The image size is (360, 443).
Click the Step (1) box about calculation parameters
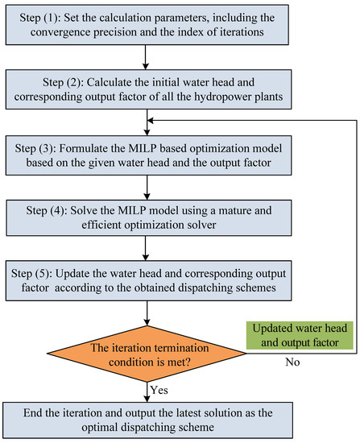pyautogui.click(x=147, y=25)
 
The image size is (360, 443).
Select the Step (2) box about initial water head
pyautogui.click(x=149, y=89)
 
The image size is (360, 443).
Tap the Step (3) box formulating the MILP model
pyautogui.click(x=149, y=155)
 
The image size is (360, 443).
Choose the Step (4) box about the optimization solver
pyautogui.click(x=149, y=217)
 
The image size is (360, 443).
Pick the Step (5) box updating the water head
pyautogui.click(x=149, y=280)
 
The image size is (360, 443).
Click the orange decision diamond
pyautogui.click(x=147, y=354)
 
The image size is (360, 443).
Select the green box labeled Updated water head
pyautogui.click(x=300, y=335)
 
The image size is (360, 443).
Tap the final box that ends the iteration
pyautogui.click(x=148, y=420)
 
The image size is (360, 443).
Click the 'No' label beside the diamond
pyautogui.click(x=292, y=362)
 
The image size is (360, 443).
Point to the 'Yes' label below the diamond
pyautogui.click(x=159, y=390)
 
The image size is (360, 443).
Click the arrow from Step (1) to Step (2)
pyautogui.click(x=146, y=57)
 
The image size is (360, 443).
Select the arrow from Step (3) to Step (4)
pyautogui.click(x=147, y=188)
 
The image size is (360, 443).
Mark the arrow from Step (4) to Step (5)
pyautogui.click(x=146, y=248)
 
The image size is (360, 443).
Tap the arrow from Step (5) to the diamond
pyautogui.click(x=147, y=313)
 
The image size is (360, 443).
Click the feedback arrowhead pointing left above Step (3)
pyautogui.click(x=151, y=121)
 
